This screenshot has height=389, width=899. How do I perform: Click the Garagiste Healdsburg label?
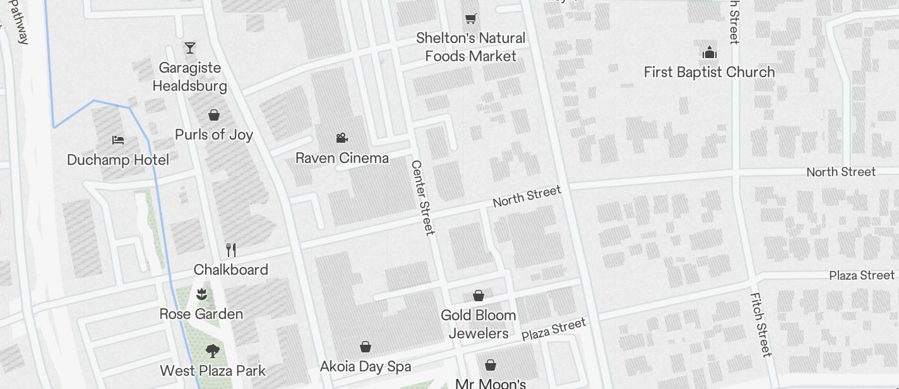click(189, 76)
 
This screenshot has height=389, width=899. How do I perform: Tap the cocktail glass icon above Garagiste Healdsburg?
click(189, 47)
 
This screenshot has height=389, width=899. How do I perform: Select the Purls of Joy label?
click(214, 135)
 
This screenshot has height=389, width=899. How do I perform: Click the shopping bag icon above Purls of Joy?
click(214, 115)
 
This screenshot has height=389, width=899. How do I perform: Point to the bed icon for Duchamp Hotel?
click(118, 140)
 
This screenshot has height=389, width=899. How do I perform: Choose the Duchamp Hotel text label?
click(118, 160)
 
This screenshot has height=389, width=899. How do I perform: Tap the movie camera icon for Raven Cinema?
click(342, 138)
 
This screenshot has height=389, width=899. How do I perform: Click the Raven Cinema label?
click(342, 158)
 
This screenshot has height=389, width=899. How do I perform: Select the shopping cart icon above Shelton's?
click(470, 18)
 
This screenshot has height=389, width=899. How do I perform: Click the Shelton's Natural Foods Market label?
click(470, 47)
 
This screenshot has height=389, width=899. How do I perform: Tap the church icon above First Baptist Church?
click(709, 52)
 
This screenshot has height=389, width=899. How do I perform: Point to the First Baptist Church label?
click(709, 72)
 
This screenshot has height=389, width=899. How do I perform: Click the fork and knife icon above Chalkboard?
click(231, 250)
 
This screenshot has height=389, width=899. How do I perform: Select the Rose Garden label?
click(201, 314)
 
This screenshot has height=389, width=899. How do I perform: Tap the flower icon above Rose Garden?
click(201, 294)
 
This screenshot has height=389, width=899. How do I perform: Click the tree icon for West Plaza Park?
click(213, 351)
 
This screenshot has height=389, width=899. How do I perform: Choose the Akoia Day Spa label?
click(365, 366)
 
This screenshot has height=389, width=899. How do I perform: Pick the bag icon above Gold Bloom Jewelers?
click(479, 296)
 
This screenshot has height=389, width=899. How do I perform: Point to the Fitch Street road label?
click(761, 324)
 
